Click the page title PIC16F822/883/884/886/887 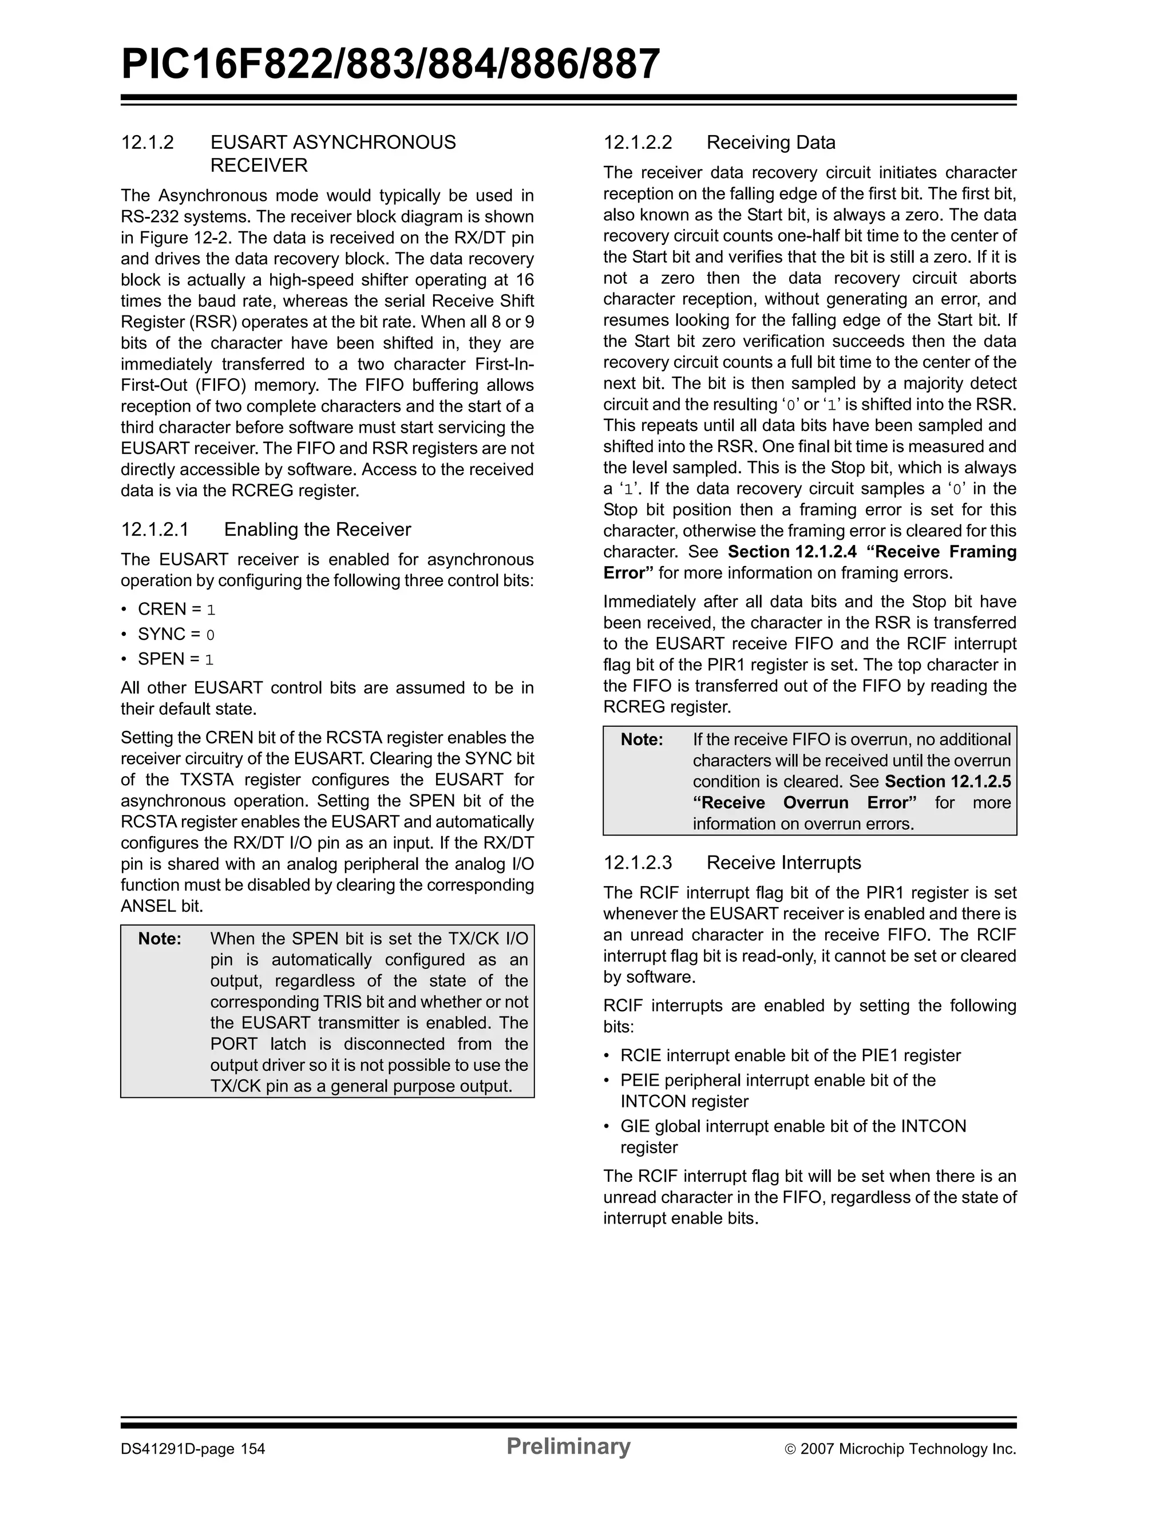[x=390, y=65]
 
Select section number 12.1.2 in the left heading [x=147, y=143]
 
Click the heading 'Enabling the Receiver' [x=317, y=529]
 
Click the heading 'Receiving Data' [x=770, y=143]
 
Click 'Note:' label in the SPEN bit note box [x=160, y=939]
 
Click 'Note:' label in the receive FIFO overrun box [x=642, y=739]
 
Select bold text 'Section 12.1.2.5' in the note [x=947, y=782]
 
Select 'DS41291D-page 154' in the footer [x=193, y=1449]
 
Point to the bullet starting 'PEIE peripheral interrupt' [x=777, y=1080]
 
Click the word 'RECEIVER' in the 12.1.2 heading [x=259, y=166]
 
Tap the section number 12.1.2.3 [x=638, y=863]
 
